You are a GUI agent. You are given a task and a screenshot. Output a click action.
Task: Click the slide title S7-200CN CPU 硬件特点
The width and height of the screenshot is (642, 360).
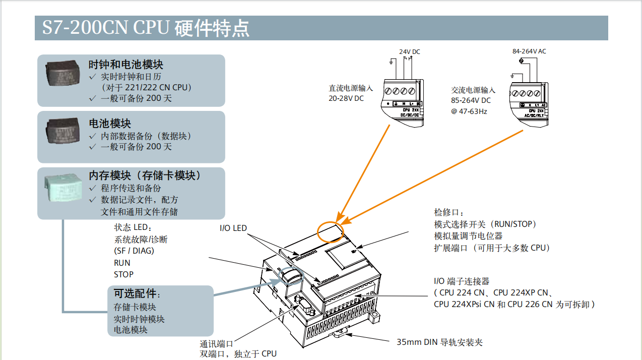(x=146, y=28)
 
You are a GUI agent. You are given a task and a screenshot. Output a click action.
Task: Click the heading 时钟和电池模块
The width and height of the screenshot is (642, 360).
(x=125, y=65)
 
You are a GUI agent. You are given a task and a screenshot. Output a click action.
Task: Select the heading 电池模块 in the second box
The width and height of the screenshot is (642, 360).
(x=110, y=124)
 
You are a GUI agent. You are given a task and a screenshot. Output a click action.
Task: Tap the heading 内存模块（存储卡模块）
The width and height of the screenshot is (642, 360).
(x=145, y=175)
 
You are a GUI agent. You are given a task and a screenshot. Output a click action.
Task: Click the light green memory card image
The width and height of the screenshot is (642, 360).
(x=62, y=187)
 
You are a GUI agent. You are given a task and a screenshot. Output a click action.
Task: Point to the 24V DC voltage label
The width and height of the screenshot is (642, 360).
(x=409, y=52)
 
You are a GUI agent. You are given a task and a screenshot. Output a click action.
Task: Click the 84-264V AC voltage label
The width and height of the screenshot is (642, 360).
(x=529, y=51)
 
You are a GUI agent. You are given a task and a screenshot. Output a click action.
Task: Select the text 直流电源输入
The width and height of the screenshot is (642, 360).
(x=351, y=88)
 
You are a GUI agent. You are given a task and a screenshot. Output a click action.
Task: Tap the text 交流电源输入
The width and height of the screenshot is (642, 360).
(x=473, y=90)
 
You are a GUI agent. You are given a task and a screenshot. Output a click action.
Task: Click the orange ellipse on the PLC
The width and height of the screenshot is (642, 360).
(x=331, y=231)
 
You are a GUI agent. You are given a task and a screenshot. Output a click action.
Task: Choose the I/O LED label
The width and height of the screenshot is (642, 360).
(x=233, y=228)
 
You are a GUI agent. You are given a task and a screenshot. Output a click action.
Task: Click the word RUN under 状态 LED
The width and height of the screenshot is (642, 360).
(x=122, y=263)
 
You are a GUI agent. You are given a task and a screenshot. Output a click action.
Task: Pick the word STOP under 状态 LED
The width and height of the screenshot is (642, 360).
(x=123, y=274)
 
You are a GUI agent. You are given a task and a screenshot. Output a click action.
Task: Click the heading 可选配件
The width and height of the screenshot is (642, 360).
(x=137, y=293)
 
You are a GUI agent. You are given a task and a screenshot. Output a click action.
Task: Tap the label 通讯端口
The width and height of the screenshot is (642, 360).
(x=216, y=344)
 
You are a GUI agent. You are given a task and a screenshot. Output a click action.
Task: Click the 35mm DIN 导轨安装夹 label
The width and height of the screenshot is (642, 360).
(x=439, y=342)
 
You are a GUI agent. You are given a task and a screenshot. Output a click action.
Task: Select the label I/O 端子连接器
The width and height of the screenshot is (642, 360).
(x=462, y=281)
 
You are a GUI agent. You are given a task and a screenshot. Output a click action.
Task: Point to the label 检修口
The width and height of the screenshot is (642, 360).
(x=448, y=212)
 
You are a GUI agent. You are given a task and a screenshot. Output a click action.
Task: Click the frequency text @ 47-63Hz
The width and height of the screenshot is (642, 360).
(x=469, y=111)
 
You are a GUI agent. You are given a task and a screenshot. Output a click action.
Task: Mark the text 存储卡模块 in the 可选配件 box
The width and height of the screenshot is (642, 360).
(x=135, y=307)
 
